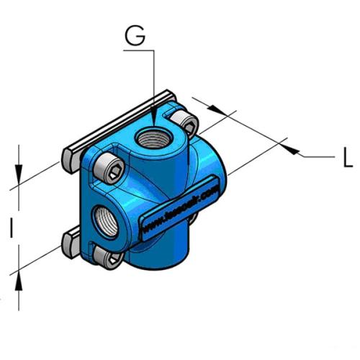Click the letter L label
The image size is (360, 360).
[x=347, y=158]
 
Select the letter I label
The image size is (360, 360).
[x=12, y=229]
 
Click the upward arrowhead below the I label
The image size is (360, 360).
[x=19, y=278]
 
